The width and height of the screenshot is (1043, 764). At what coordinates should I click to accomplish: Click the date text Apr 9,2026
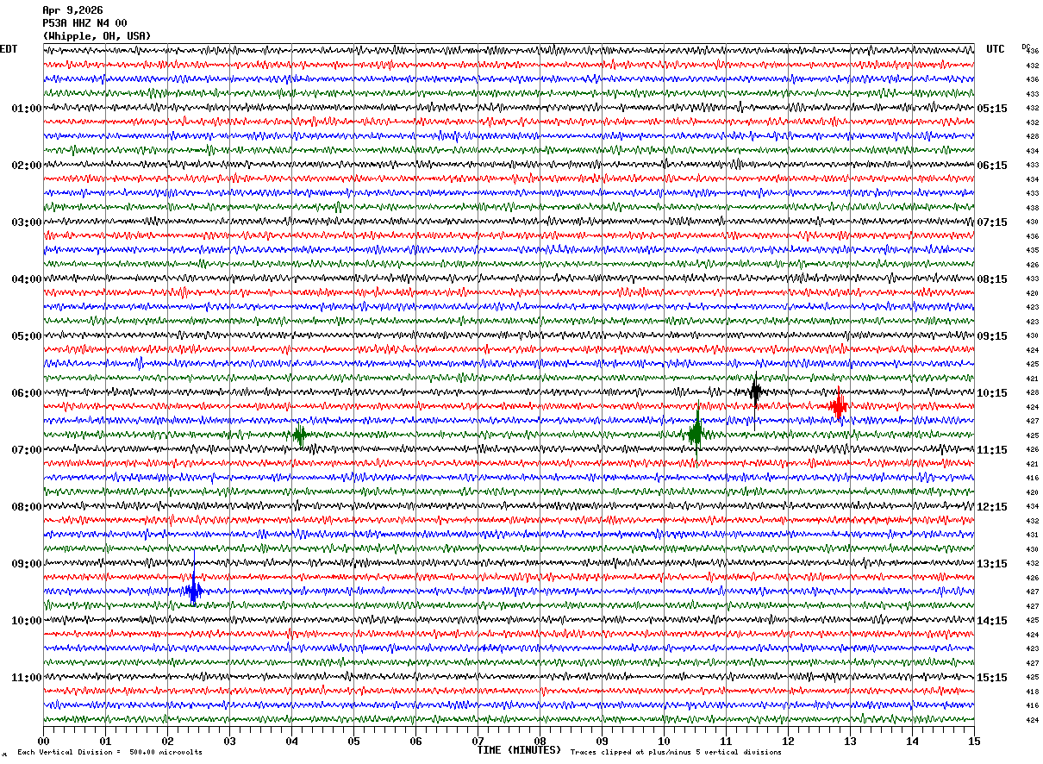coord(72,10)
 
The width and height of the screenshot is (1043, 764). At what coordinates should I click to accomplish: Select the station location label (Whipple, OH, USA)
coord(97,36)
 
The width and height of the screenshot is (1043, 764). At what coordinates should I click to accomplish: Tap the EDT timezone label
coord(9,49)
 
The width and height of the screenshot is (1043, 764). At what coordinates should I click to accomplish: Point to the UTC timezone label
coord(996,49)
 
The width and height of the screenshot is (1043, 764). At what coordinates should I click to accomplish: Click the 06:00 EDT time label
coord(26,393)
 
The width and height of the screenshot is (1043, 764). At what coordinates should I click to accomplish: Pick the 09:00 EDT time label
coord(26,564)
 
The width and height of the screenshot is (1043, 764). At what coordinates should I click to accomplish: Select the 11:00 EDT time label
coord(26,678)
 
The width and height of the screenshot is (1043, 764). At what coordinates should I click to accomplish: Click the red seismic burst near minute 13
coord(838,405)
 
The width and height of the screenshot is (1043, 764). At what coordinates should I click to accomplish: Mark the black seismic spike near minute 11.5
coord(755,392)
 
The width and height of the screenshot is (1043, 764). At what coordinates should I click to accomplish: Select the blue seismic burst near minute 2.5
coord(194,592)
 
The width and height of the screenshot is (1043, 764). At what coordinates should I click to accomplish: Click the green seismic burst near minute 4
coord(300,435)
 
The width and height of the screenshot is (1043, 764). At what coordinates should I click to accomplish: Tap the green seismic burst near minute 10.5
coord(696,434)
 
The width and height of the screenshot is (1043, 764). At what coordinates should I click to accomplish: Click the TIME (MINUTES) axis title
coord(519,750)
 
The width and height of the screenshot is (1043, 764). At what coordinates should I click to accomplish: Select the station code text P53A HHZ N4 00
coord(84,23)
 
